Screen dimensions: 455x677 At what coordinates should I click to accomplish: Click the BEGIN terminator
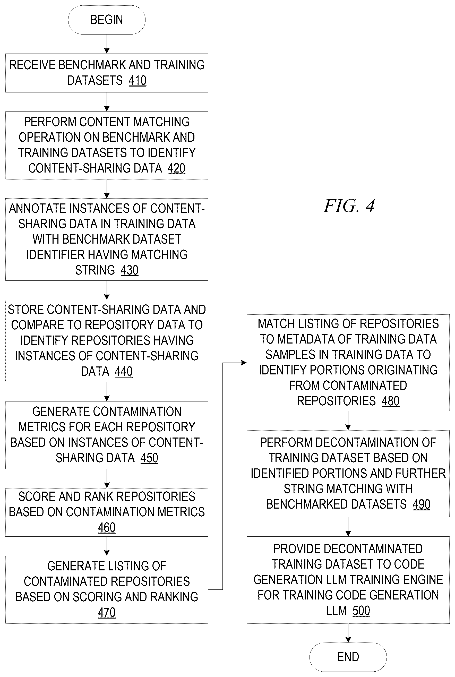click(107, 20)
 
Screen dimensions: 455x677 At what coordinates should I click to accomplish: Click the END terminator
click(348, 657)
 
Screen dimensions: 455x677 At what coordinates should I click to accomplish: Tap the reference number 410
click(138, 80)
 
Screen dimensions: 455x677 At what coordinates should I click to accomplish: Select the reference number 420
click(176, 168)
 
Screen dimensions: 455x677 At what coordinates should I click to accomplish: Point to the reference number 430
click(130, 270)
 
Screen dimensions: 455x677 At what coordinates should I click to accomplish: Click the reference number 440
click(124, 371)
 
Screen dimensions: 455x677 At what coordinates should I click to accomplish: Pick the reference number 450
click(149, 458)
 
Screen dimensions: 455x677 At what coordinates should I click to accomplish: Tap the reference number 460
click(107, 527)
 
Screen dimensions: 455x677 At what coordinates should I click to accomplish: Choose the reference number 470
click(107, 612)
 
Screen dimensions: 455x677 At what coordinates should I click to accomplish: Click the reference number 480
click(391, 401)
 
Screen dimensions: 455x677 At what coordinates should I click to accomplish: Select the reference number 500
click(361, 611)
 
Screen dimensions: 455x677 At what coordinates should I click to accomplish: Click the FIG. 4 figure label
click(349, 206)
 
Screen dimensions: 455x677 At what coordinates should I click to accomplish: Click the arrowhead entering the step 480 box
click(244, 363)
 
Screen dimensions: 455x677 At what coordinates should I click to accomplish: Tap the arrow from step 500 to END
click(348, 633)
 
